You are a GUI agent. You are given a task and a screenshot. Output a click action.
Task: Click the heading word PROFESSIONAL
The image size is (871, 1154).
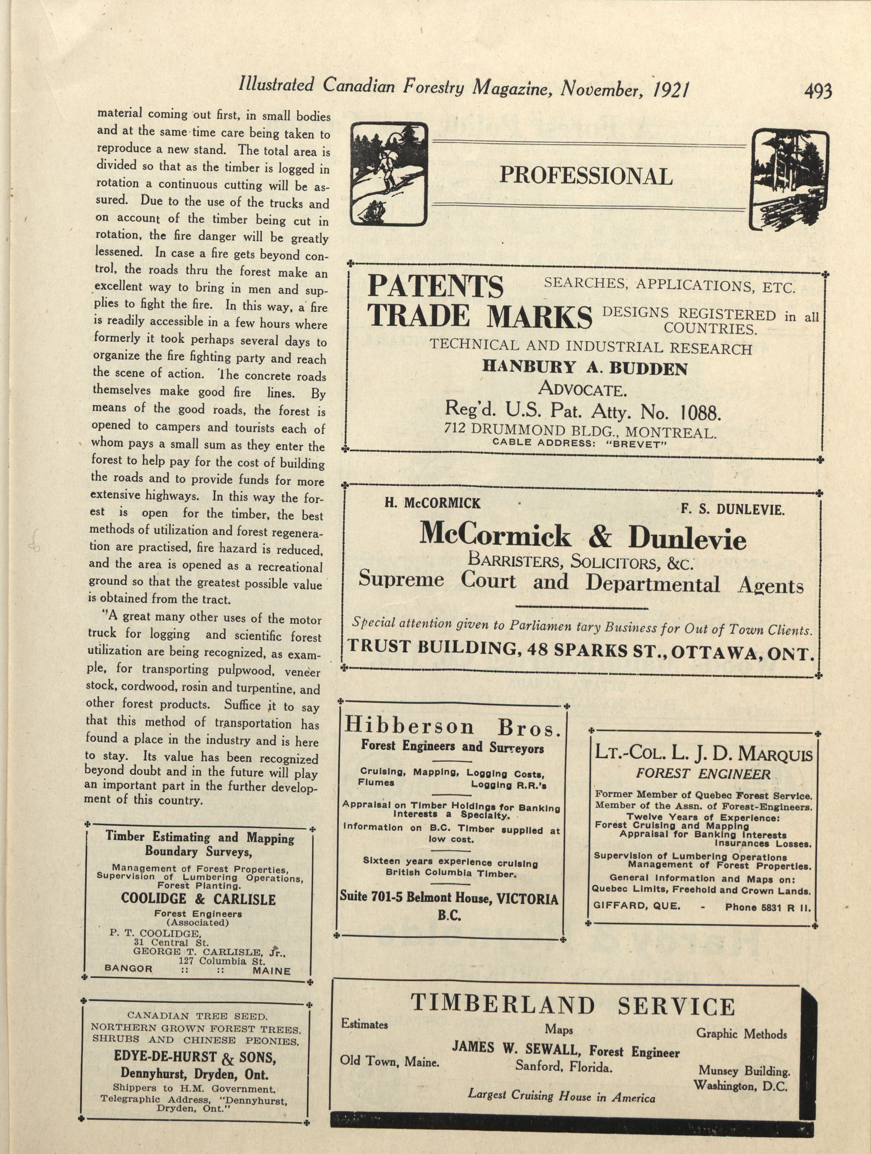pos(586,176)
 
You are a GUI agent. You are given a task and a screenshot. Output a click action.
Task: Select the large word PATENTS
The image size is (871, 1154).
pos(436,287)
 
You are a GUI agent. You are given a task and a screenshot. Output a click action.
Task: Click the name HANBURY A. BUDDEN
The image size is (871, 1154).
pos(585,368)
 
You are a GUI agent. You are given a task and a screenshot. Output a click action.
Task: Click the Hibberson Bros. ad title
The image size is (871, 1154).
pos(452,726)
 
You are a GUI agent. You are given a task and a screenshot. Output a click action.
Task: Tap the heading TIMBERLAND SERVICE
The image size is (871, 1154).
pos(572,1005)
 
